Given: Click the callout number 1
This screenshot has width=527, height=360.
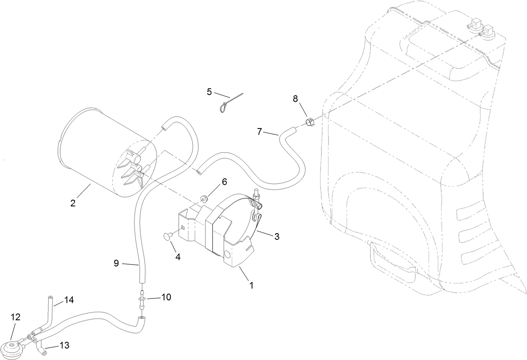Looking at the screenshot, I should (x=251, y=285).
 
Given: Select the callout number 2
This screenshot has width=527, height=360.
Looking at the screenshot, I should (x=73, y=203).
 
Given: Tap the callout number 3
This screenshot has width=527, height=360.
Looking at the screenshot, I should (x=276, y=237).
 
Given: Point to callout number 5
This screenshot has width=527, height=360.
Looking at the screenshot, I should (x=209, y=92).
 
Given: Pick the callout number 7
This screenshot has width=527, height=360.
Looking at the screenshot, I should (x=260, y=131).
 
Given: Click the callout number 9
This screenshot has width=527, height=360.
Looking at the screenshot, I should (x=116, y=263).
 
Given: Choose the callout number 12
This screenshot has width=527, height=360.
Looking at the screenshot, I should (x=15, y=317).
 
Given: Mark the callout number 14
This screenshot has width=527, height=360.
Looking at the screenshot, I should (x=69, y=300).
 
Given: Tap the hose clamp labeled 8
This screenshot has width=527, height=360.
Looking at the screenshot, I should (x=309, y=122).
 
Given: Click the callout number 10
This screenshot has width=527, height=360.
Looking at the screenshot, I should (x=166, y=297).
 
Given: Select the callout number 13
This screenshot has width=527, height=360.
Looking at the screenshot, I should (x=65, y=345).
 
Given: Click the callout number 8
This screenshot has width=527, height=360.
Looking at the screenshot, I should (x=295, y=99).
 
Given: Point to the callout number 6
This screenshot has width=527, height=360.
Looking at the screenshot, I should (x=224, y=182).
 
